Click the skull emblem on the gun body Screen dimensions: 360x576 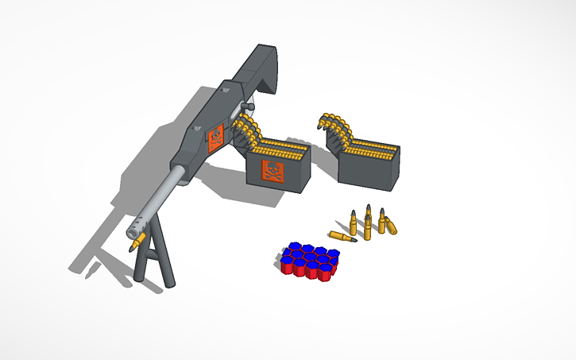click(x=215, y=140)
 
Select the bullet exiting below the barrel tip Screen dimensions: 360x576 click(x=137, y=242)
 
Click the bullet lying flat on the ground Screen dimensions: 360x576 click(x=342, y=238)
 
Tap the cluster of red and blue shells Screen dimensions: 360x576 click(x=310, y=261)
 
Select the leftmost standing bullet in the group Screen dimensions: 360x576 click(x=353, y=223)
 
